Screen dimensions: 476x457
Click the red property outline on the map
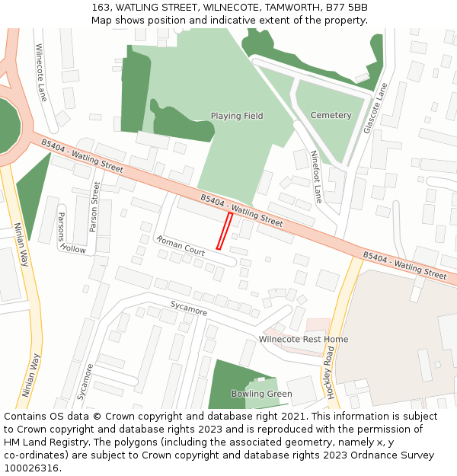coord(225,230)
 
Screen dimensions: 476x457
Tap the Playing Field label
coord(237,116)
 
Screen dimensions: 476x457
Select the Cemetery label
coord(331,115)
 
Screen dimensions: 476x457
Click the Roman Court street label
coord(181,244)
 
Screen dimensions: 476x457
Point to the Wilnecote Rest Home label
coord(303,339)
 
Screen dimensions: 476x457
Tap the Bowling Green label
coord(261,394)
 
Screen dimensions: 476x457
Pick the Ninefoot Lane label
coord(317,177)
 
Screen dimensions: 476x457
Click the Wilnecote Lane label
coord(42,72)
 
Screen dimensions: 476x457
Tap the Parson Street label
coord(94,206)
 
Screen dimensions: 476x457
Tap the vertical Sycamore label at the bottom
coord(85,381)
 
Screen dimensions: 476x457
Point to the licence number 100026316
coord(32,468)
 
